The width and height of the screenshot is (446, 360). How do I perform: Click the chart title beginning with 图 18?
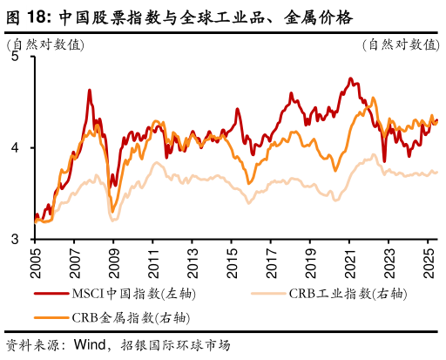point(179,16)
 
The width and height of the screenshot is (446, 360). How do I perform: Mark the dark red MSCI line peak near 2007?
point(90,90)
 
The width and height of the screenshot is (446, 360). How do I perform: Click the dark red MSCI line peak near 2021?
point(349,78)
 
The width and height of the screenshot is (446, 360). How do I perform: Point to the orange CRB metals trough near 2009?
point(111,210)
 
